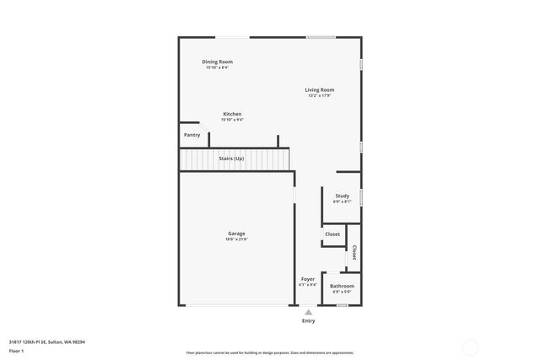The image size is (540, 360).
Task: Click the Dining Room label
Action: pos(217,62)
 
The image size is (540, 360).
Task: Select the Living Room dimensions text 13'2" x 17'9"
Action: pos(319,95)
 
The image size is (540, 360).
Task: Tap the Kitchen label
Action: pos(232,114)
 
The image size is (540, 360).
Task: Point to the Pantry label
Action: pos(192,135)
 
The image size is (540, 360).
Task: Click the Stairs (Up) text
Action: pos(231,158)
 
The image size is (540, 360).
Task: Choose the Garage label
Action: pos(236,234)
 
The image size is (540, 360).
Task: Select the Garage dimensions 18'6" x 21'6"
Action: pos(236,239)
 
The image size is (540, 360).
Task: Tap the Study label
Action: pos(342,196)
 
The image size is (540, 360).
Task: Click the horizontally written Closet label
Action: pos(332,234)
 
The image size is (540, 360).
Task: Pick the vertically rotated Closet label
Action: pos(354,252)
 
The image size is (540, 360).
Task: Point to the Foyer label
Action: pos(308,279)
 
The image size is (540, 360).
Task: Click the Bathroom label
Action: pos(342,286)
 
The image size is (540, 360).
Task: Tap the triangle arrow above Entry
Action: pos(308,311)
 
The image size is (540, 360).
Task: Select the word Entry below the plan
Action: pos(308,320)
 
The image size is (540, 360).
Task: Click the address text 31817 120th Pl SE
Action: pos(47,341)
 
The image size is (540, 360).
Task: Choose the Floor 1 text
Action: pos(17,350)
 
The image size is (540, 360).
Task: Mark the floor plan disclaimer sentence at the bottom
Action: pos(269,353)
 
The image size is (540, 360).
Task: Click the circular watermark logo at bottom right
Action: pos(469,345)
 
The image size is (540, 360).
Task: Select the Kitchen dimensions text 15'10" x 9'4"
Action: pos(232,120)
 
